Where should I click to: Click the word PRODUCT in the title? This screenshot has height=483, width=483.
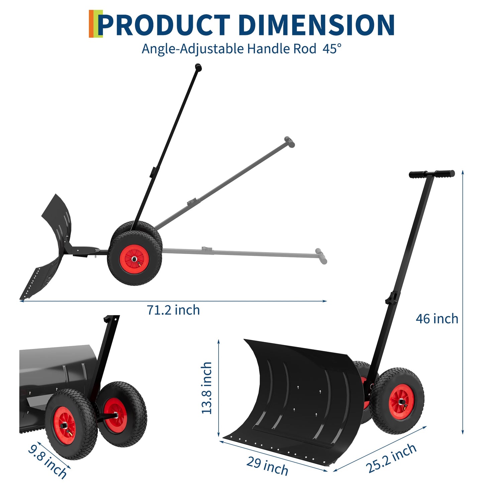164,25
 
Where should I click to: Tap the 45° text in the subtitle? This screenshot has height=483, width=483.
332,49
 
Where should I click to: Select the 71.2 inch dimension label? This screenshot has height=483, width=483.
173,310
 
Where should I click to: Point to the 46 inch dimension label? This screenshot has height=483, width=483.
437,319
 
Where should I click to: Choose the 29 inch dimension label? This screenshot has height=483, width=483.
267,466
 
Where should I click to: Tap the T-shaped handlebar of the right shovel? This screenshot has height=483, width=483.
432,174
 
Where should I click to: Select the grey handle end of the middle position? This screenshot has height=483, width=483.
289,142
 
